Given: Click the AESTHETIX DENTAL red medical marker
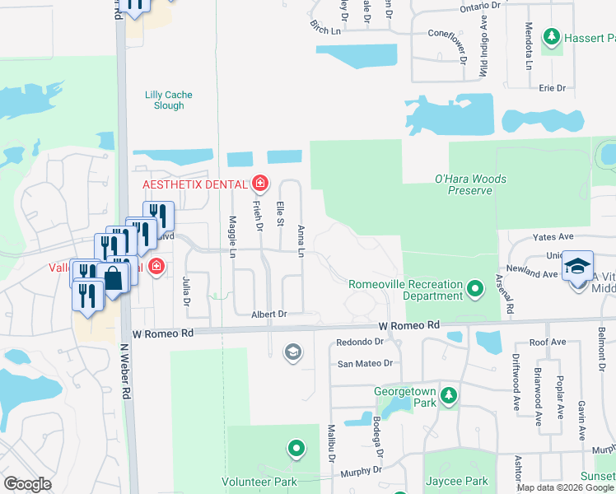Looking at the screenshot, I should coord(260,182).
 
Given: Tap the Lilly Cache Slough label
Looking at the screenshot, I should coord(168,100).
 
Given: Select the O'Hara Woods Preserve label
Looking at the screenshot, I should coord(470,184).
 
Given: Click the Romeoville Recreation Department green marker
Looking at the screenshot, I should coord(474,289).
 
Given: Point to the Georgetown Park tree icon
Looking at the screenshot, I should coord(448,397).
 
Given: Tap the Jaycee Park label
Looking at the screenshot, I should coord(457,482).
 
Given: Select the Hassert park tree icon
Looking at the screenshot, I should coord(551,37).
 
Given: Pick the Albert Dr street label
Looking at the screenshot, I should coord(269,315).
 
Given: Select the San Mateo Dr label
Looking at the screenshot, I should coord(365,363).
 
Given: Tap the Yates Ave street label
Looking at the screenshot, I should coord(553,236).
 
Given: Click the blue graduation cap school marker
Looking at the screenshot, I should coord(578,266).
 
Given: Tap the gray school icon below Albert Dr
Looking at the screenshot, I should coord(292,352).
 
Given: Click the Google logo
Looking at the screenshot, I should coord(28,484).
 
